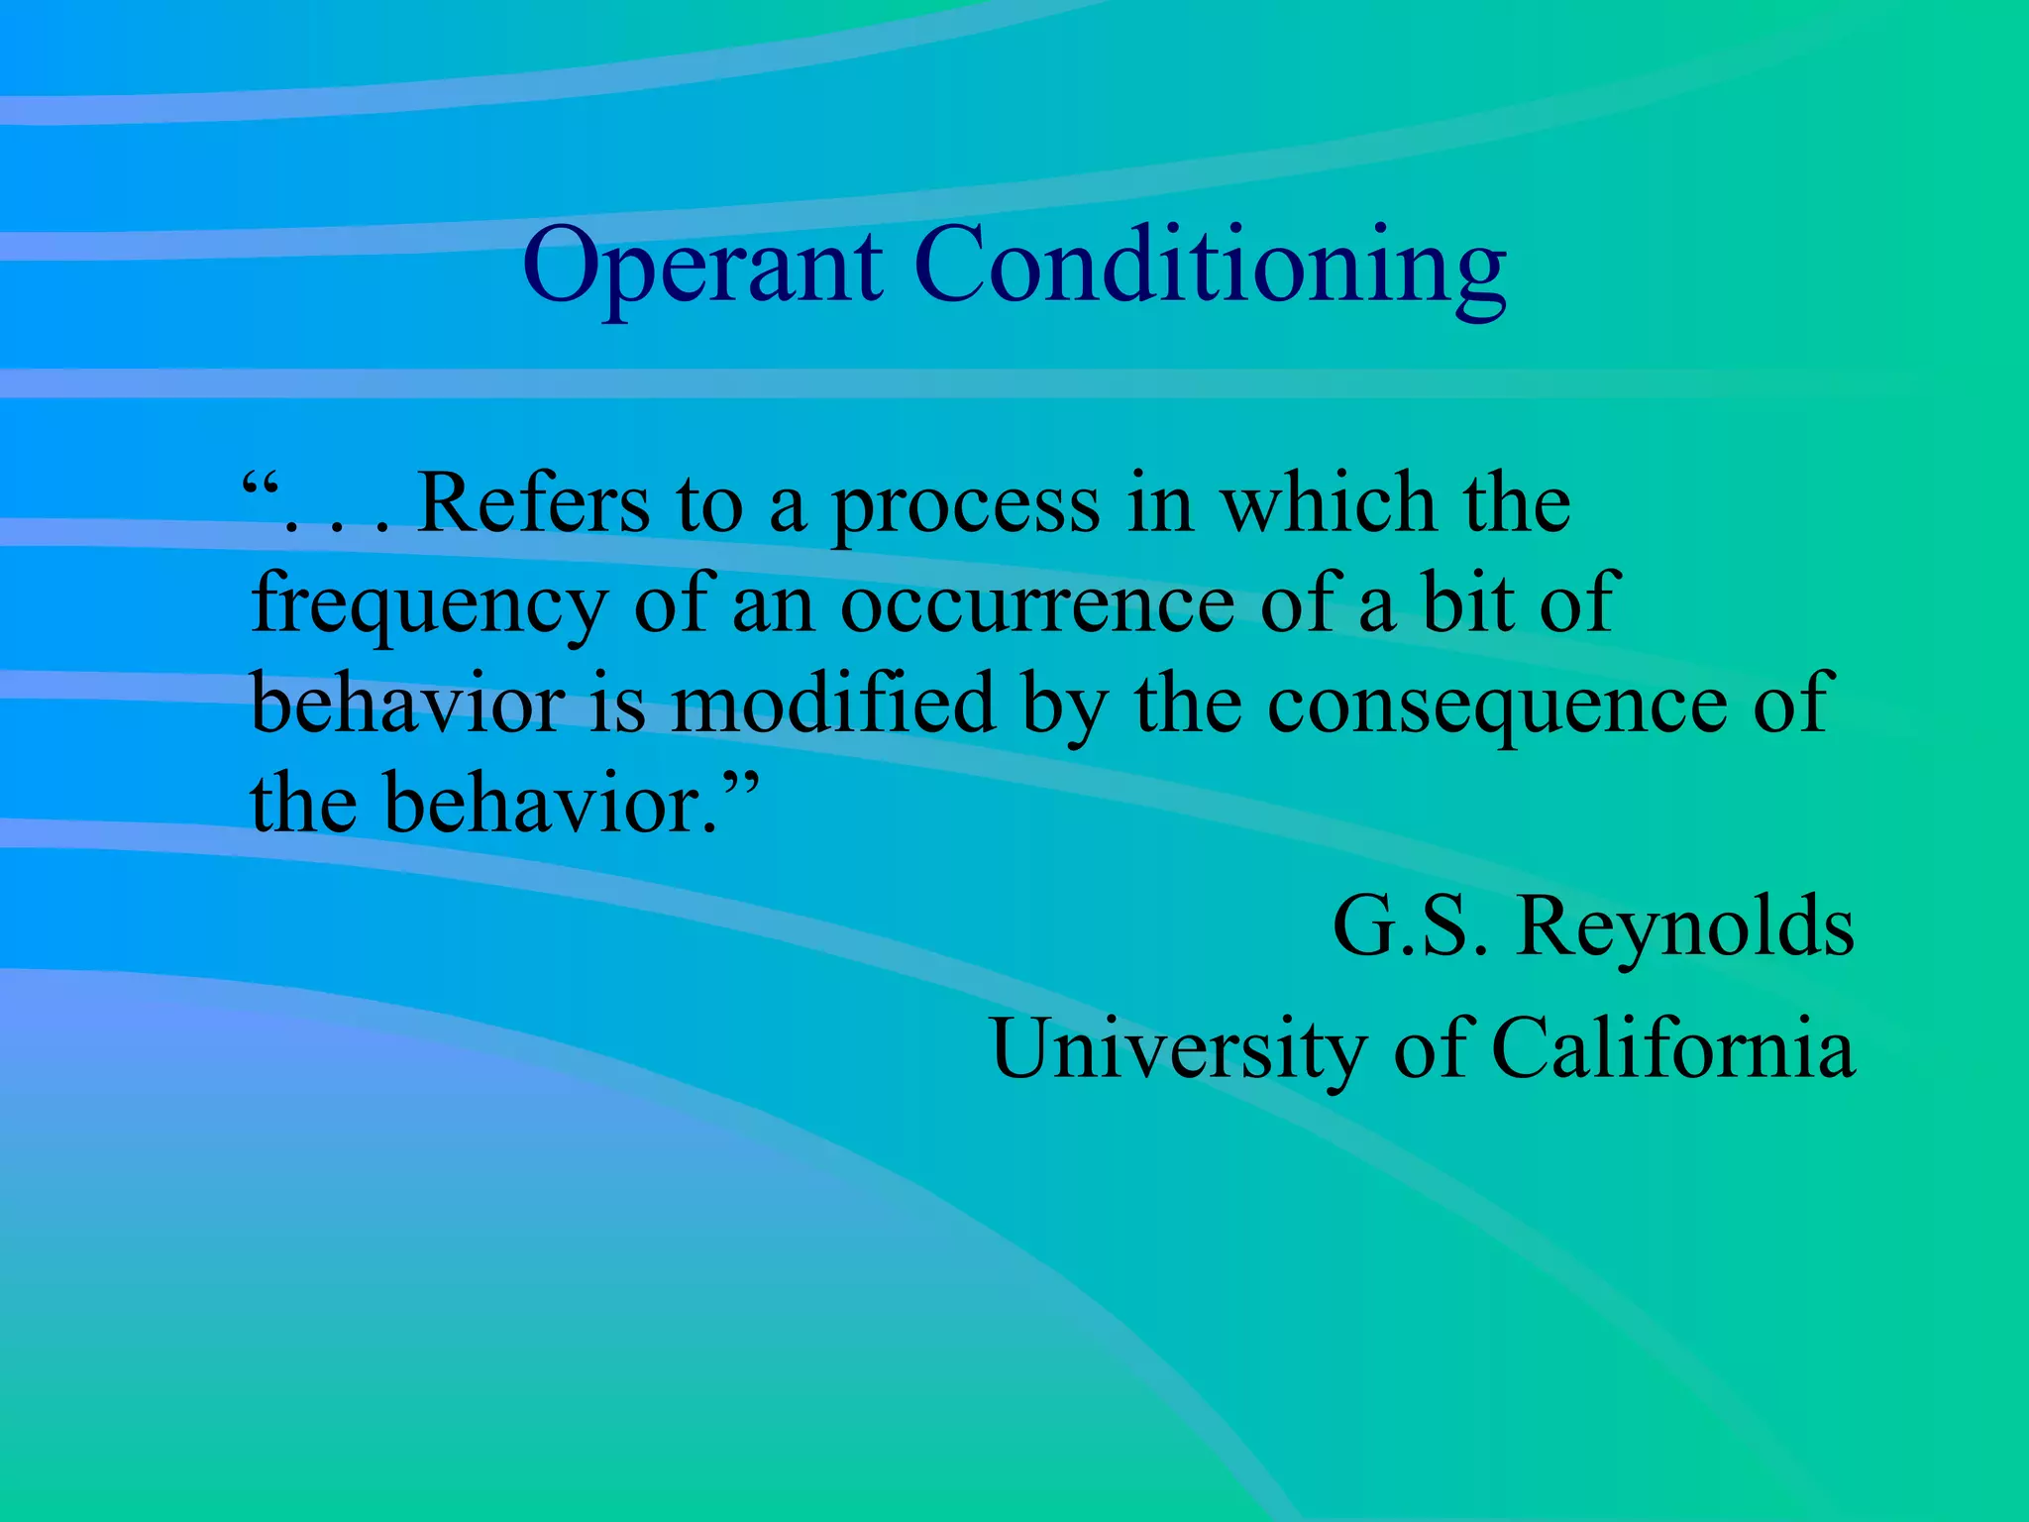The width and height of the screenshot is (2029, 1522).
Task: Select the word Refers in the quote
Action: pos(533,503)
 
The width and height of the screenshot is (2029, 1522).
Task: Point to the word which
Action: pos(1328,503)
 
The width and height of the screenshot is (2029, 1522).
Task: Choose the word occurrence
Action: pos(1037,604)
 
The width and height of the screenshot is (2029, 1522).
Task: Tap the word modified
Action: pos(832,703)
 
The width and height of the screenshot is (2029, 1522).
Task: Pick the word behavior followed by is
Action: pos(407,703)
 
